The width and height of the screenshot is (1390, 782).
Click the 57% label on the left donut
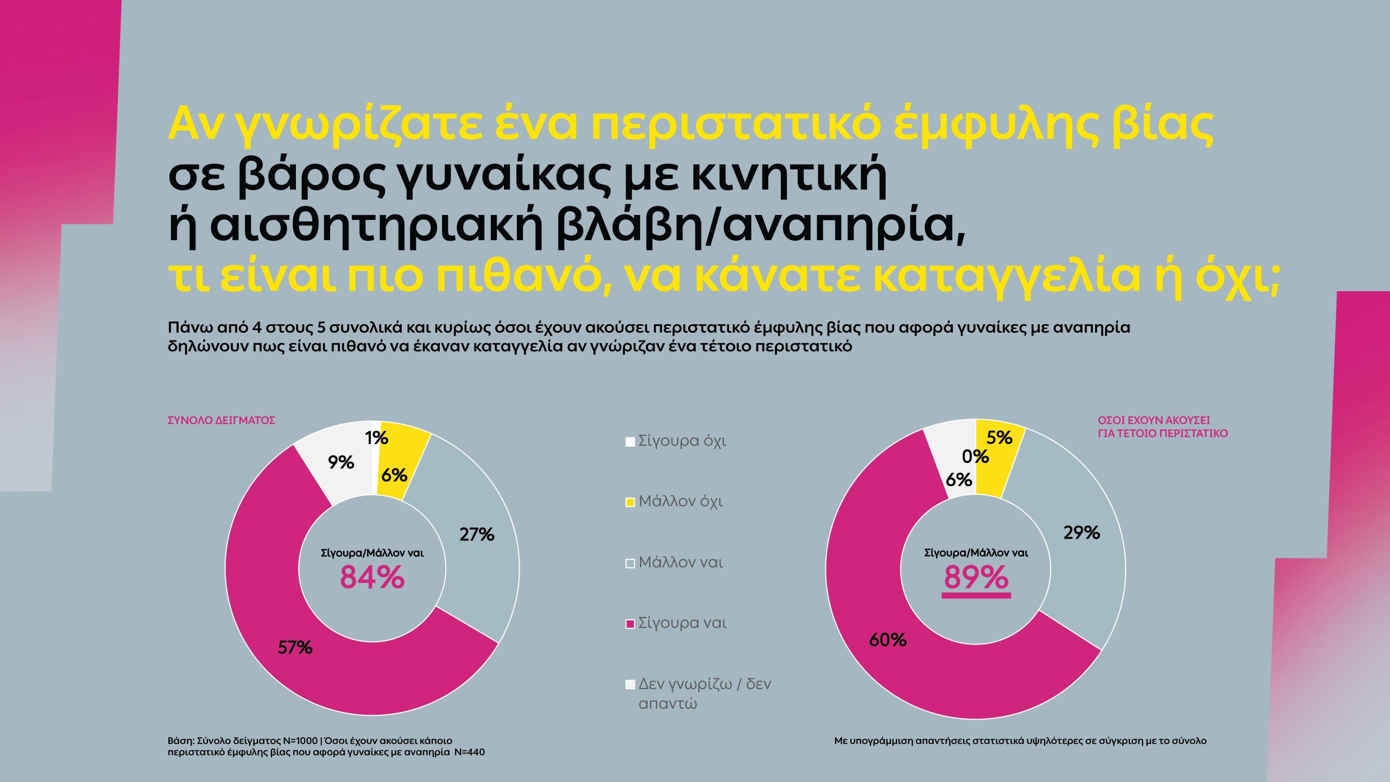click(x=295, y=647)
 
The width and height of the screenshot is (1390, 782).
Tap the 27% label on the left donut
click(x=477, y=534)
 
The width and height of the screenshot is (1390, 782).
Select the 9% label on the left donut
click(x=340, y=462)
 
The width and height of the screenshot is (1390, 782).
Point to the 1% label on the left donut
click(x=376, y=437)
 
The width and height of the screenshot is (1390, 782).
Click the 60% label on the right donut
click(x=888, y=640)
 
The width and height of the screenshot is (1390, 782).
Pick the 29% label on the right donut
click(x=1081, y=532)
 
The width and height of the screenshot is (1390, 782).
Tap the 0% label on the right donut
click(x=975, y=456)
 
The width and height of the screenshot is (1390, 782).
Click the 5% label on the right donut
click(x=999, y=437)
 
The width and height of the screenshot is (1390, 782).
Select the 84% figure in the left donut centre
click(x=372, y=577)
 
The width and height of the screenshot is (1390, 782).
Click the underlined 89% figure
click(x=976, y=577)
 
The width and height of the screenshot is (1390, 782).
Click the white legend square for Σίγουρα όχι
click(x=630, y=442)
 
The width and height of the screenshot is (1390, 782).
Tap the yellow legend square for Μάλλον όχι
click(x=630, y=502)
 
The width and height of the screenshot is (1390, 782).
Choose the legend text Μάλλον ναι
click(x=681, y=562)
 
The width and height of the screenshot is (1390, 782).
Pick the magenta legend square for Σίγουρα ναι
click(x=630, y=624)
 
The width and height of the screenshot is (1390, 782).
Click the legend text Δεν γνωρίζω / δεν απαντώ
click(x=704, y=693)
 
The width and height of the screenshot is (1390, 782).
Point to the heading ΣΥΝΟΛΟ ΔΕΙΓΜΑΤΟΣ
click(x=221, y=420)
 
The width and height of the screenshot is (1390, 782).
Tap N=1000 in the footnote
click(x=300, y=741)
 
